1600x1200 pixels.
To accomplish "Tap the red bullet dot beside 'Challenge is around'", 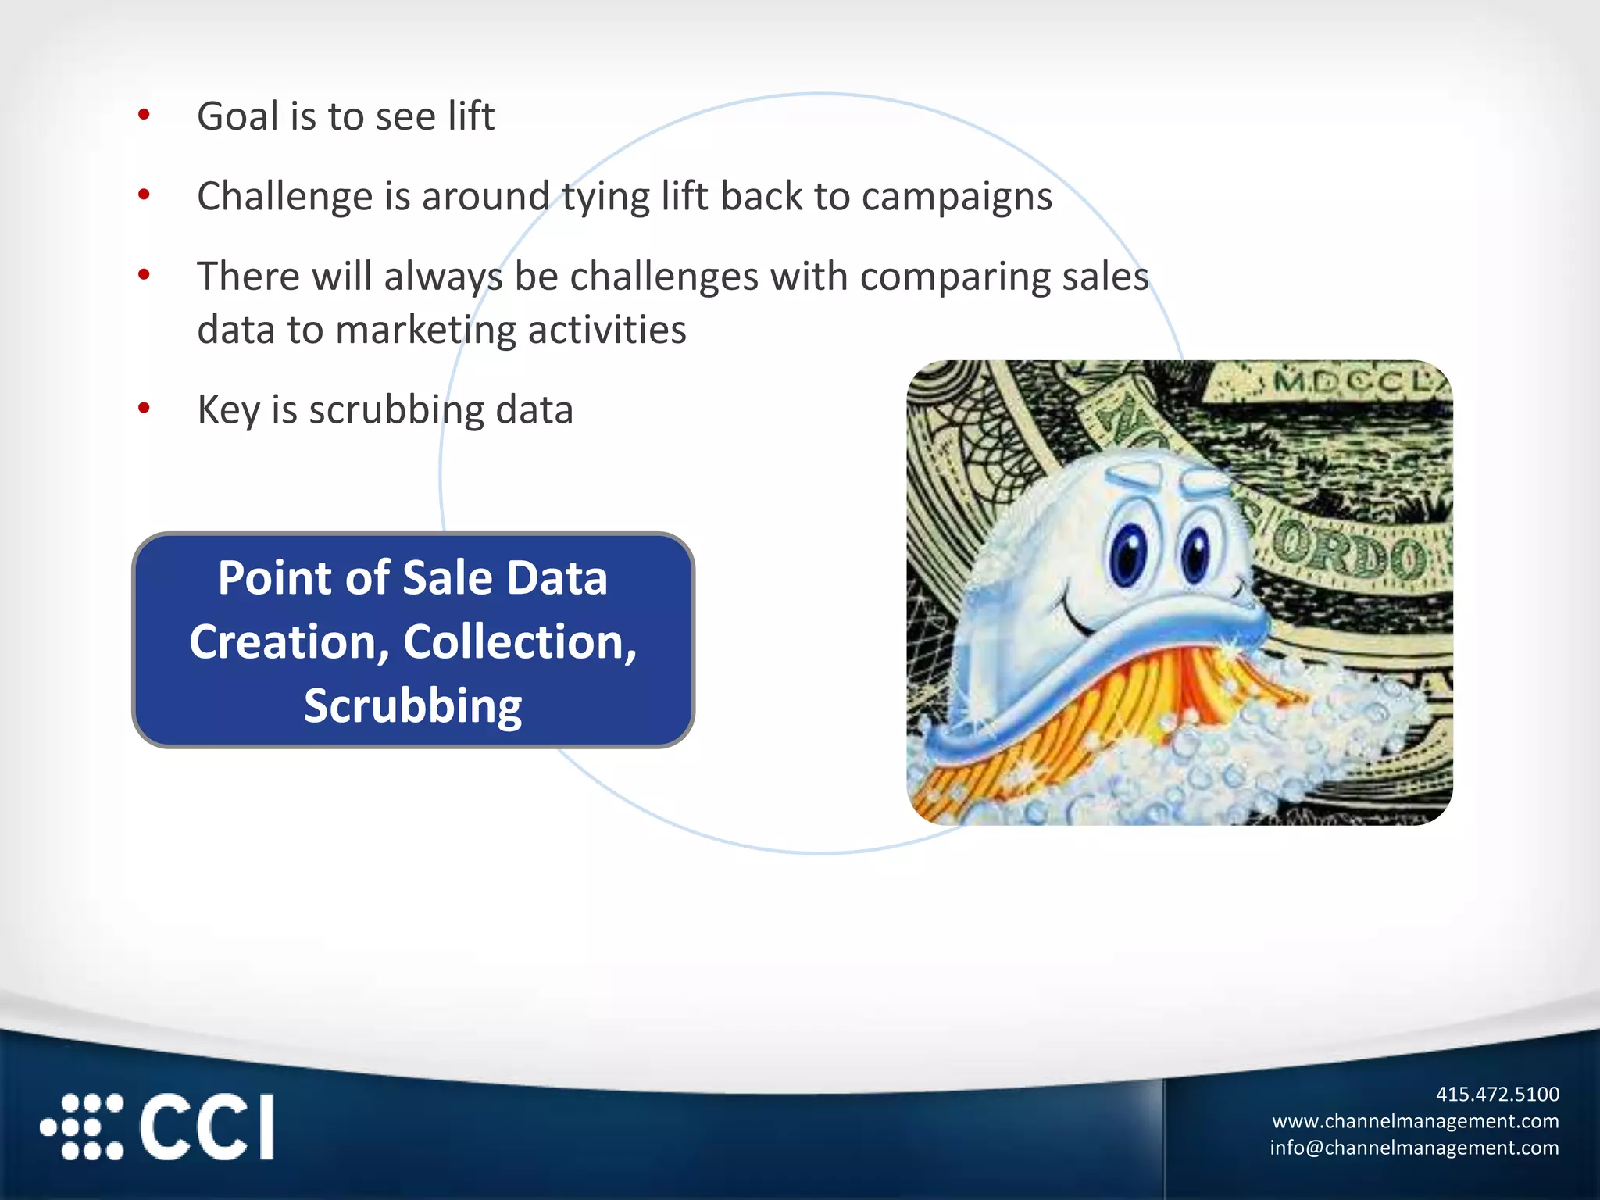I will [144, 195].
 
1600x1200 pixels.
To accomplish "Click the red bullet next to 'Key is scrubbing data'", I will [144, 408].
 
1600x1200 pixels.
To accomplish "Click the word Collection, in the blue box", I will [520, 642].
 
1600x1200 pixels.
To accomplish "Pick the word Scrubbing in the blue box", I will [412, 706].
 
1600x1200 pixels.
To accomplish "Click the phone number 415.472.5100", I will [1497, 1094].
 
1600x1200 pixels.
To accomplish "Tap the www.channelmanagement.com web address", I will [1415, 1121].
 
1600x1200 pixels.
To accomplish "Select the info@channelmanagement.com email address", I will [1413, 1148].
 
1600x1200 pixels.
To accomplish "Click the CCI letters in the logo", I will [207, 1127].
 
